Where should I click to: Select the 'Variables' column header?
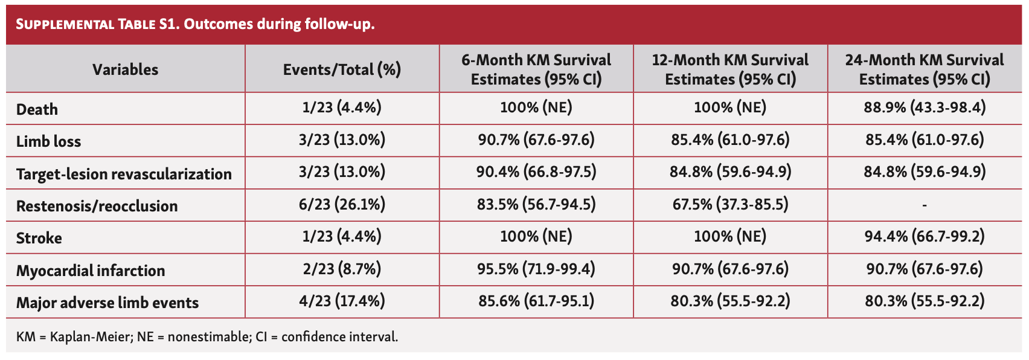point(125,69)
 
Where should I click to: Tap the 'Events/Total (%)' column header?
point(342,69)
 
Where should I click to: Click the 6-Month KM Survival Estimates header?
point(536,69)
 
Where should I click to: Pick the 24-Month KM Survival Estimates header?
point(925,69)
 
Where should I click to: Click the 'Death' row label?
point(37,109)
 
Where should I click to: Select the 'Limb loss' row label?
point(48,141)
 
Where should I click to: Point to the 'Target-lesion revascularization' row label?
point(124,174)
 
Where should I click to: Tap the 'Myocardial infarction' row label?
point(91,271)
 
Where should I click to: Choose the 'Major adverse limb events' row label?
point(107,303)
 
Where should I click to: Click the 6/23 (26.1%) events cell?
point(342,205)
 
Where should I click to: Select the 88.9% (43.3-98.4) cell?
point(925,108)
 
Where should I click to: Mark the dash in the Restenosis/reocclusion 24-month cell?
point(925,205)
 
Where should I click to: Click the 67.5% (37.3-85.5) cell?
point(730,204)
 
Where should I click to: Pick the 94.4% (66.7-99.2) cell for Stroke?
point(925,236)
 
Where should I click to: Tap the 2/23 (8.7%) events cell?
point(342,269)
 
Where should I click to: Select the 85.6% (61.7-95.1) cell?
point(536,301)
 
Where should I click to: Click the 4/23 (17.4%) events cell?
point(342,301)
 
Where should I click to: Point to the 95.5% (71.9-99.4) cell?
point(536,269)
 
